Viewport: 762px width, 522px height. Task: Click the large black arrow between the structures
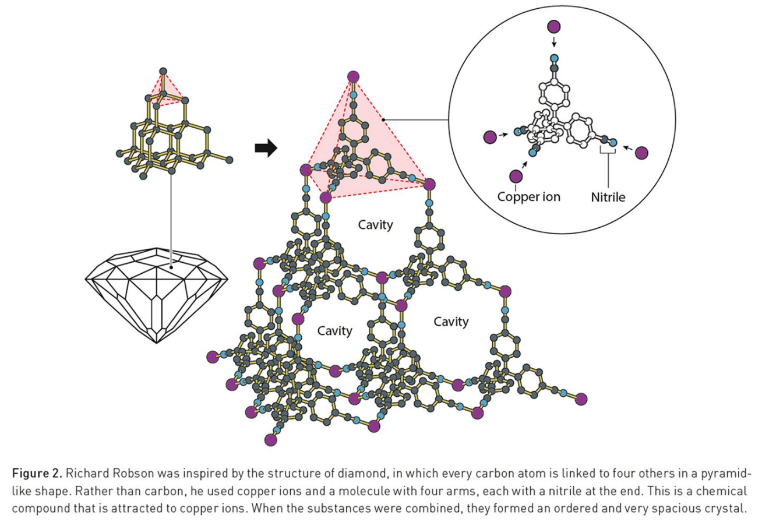pos(266,149)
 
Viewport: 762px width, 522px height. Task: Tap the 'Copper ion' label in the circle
pos(528,196)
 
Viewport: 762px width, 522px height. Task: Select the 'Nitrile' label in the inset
pos(608,197)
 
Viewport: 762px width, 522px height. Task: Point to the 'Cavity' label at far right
pos(451,321)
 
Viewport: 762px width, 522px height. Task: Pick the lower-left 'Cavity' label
pos(334,331)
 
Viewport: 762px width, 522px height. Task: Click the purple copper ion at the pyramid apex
pos(352,76)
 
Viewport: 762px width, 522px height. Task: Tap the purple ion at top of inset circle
pos(555,26)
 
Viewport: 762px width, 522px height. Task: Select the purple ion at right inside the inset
pos(641,153)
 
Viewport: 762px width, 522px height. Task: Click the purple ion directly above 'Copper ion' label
pos(516,177)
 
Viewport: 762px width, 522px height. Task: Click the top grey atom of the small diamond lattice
pos(163,71)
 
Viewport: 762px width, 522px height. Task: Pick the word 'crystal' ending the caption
pos(725,502)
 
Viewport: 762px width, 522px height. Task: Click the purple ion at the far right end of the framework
pos(581,398)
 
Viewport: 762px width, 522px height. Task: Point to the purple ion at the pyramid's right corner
pos(429,184)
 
